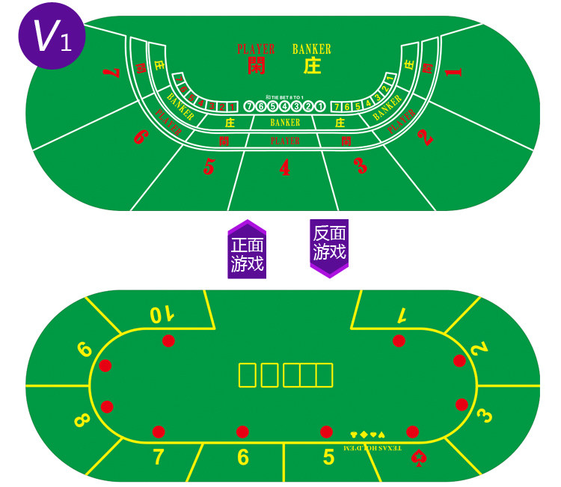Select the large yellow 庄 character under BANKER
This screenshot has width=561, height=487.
click(x=312, y=66)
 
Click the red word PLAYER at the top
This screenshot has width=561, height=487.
click(x=256, y=49)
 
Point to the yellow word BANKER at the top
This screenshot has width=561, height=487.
click(x=311, y=49)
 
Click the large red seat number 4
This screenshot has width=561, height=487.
click(x=284, y=168)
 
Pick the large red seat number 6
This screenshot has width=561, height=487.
click(x=140, y=138)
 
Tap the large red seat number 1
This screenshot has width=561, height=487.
click(x=453, y=72)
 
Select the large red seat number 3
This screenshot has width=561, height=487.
click(x=361, y=166)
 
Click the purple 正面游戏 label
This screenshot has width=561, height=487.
click(x=247, y=253)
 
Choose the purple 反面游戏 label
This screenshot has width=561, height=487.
click(x=329, y=245)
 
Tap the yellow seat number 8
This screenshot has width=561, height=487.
click(x=82, y=420)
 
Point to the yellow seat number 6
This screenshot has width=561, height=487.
click(x=242, y=457)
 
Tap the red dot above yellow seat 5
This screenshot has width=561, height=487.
click(x=326, y=432)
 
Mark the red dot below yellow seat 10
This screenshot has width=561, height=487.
click(x=168, y=341)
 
